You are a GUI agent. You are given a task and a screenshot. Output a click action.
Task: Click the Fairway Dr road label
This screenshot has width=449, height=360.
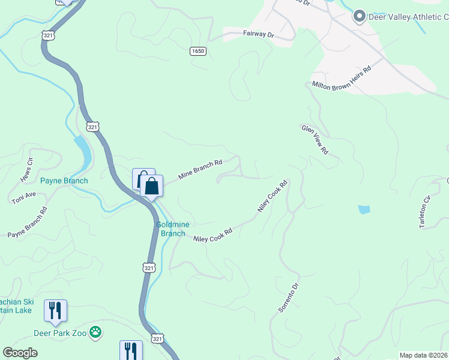(x=258, y=35)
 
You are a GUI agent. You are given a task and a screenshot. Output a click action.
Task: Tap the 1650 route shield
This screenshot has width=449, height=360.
(x=199, y=51)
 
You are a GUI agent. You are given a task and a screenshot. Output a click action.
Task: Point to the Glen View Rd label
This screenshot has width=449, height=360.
(x=315, y=140)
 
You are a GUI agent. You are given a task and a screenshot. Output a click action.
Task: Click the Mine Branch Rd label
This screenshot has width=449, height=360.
(x=200, y=170)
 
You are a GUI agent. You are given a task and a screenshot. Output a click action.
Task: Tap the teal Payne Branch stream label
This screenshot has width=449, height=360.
(x=64, y=181)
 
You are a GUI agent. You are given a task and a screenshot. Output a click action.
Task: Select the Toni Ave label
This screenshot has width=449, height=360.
(x=24, y=198)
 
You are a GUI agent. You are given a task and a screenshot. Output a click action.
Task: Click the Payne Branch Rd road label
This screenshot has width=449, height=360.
(x=27, y=223)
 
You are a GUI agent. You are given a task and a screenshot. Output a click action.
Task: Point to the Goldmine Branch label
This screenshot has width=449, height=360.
(x=173, y=229)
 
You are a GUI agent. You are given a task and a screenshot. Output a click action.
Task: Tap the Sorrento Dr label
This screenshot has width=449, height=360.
(x=288, y=298)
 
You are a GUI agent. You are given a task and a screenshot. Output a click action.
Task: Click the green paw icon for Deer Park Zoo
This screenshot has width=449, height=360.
(x=95, y=331)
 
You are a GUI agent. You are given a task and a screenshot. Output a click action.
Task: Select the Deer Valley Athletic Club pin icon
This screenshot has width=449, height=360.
(x=359, y=16)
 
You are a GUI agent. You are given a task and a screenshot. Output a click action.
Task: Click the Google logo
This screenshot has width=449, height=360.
(x=20, y=353)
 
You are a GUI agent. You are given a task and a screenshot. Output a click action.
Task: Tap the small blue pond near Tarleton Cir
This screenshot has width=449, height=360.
(x=364, y=209)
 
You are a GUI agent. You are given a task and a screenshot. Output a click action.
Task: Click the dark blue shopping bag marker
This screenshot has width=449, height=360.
(x=152, y=186)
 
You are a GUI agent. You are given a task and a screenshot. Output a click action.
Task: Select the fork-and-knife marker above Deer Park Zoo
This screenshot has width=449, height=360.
(x=55, y=310)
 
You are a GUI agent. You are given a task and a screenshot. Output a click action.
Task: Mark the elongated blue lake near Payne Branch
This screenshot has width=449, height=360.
(x=84, y=151)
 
